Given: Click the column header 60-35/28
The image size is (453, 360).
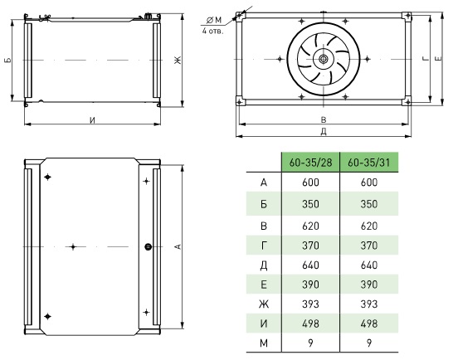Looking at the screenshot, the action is [x=310, y=162].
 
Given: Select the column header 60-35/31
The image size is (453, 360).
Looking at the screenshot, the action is [x=369, y=162].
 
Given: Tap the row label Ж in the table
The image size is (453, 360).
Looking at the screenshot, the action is [x=264, y=304].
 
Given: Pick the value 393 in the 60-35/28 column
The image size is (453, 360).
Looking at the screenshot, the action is [x=310, y=304].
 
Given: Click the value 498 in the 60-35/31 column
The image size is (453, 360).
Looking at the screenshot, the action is [x=369, y=324].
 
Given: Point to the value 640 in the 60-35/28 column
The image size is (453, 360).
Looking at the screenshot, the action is [x=310, y=265].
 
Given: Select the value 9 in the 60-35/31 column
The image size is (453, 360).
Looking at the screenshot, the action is [x=369, y=343].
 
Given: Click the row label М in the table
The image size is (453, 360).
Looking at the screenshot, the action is [x=264, y=343].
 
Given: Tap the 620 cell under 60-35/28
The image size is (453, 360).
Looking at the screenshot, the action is [x=310, y=226].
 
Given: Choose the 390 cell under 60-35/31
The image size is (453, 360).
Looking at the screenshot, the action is [x=369, y=285].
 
